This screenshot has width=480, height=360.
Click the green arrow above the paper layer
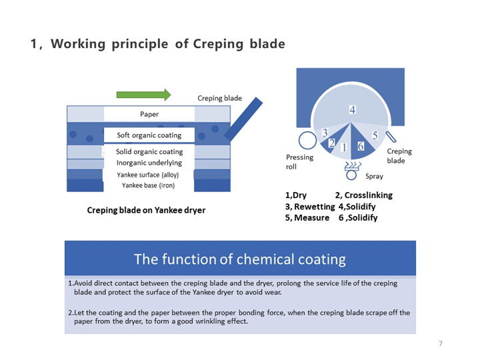click(x=143, y=95)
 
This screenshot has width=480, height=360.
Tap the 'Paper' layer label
click(x=149, y=114)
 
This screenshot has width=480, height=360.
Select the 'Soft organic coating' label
click(x=149, y=135)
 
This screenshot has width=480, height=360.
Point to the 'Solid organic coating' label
click(x=149, y=152)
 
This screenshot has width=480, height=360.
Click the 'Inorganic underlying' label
click(x=149, y=163)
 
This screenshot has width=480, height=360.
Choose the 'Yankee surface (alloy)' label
click(x=149, y=175)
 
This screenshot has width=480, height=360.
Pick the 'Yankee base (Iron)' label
click(x=149, y=185)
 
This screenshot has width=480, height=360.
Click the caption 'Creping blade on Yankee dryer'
click(x=146, y=210)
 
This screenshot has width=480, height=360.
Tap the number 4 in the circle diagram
click(x=352, y=109)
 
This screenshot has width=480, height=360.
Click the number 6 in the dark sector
click(x=361, y=146)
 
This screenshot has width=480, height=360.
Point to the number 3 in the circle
click(x=325, y=133)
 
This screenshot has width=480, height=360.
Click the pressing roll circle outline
click(x=307, y=140)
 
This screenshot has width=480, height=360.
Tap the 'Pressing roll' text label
click(x=299, y=162)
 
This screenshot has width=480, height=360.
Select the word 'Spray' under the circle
click(x=374, y=177)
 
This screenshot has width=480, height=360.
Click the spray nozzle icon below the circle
click(x=351, y=169)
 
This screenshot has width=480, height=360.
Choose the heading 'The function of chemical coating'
click(x=240, y=259)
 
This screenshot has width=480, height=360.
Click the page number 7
click(x=441, y=343)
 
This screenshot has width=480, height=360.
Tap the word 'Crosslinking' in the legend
click(x=368, y=195)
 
